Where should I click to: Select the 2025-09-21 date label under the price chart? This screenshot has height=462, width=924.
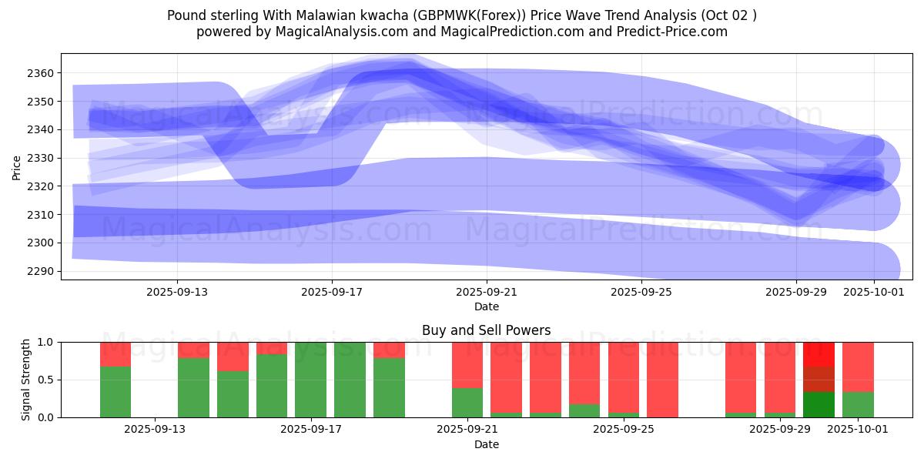[487, 293]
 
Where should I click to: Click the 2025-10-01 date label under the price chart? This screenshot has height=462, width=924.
[874, 293]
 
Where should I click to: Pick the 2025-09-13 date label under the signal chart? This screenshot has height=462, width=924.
[156, 429]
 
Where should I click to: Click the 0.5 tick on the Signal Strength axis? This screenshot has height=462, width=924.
[45, 380]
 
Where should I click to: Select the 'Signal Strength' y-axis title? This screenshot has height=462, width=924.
[25, 380]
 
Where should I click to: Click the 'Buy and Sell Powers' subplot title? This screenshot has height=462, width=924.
[487, 330]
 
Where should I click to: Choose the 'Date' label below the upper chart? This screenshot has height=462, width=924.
[487, 306]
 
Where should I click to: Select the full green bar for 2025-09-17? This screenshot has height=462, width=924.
[311, 380]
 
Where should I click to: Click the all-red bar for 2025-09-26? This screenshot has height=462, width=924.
[662, 380]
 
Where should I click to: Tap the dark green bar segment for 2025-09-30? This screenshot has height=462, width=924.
[819, 404]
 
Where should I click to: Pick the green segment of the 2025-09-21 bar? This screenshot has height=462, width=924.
[467, 402]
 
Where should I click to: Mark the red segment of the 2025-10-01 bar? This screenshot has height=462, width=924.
[858, 367]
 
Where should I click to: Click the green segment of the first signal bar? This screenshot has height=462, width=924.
[115, 392]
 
